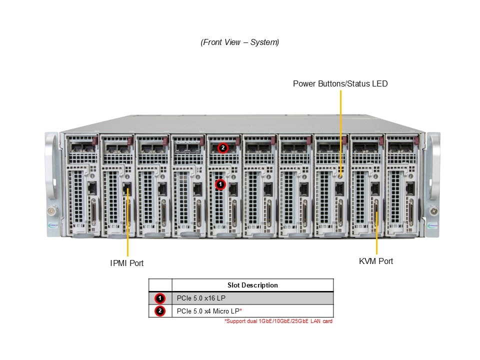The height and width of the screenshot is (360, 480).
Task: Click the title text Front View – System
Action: tap(240, 42)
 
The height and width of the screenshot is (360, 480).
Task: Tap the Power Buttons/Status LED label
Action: tap(340, 83)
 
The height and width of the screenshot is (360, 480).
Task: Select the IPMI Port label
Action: tap(127, 262)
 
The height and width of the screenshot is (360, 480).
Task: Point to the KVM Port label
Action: tap(376, 261)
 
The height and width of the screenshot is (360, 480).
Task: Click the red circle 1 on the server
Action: tap(220, 184)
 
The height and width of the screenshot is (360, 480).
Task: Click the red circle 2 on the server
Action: tap(223, 148)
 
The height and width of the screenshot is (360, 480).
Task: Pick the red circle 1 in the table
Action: tap(160, 298)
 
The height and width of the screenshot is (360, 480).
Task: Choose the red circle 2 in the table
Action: tap(160, 311)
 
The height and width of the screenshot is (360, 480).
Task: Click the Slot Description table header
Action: tap(252, 285)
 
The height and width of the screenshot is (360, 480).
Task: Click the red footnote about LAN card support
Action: tap(278, 321)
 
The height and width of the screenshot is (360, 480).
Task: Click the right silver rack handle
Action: tap(433, 165)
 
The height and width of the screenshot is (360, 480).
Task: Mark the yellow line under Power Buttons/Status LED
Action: tap(340, 130)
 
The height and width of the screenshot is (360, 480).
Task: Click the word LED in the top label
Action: tap(379, 83)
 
